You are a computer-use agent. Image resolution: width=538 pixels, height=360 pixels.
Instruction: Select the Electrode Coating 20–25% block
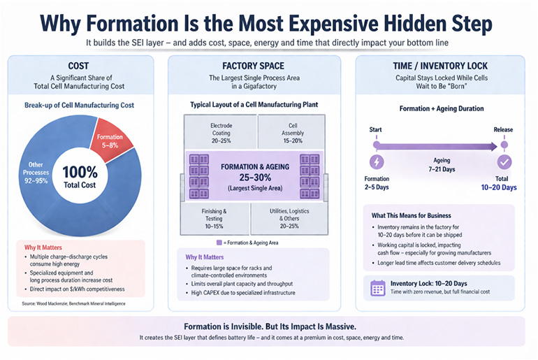(x=221, y=133)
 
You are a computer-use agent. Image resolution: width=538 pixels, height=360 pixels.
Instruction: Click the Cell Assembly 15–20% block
(x=292, y=133)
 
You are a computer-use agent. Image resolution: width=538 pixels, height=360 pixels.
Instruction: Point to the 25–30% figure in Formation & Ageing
(x=255, y=178)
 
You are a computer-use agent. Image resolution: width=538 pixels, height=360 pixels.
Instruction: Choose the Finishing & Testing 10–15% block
(x=214, y=219)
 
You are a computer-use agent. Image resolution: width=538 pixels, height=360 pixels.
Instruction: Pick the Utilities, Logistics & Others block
(x=289, y=219)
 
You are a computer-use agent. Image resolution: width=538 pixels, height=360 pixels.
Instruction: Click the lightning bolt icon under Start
(x=377, y=162)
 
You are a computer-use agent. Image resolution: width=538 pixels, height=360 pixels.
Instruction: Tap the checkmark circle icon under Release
(x=504, y=162)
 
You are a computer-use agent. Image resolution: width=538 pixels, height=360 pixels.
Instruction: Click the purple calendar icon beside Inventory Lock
(x=378, y=288)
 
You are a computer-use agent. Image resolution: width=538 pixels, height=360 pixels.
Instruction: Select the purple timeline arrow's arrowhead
(x=494, y=147)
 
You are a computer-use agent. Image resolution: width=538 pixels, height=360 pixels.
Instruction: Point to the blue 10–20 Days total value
(x=499, y=187)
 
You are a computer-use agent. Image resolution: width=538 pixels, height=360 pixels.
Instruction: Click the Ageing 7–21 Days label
(x=442, y=165)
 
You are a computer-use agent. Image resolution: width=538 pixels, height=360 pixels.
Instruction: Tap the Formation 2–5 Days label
(x=377, y=183)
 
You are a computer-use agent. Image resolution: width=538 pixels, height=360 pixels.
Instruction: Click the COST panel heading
(x=78, y=66)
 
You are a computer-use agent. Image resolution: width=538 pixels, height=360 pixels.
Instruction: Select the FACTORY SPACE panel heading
(x=253, y=66)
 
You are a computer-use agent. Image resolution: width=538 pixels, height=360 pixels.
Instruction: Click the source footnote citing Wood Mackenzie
(x=73, y=303)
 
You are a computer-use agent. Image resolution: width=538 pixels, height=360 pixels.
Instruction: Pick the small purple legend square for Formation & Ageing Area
(x=219, y=243)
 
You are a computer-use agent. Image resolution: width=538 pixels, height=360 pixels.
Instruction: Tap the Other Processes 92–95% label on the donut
(x=36, y=173)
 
